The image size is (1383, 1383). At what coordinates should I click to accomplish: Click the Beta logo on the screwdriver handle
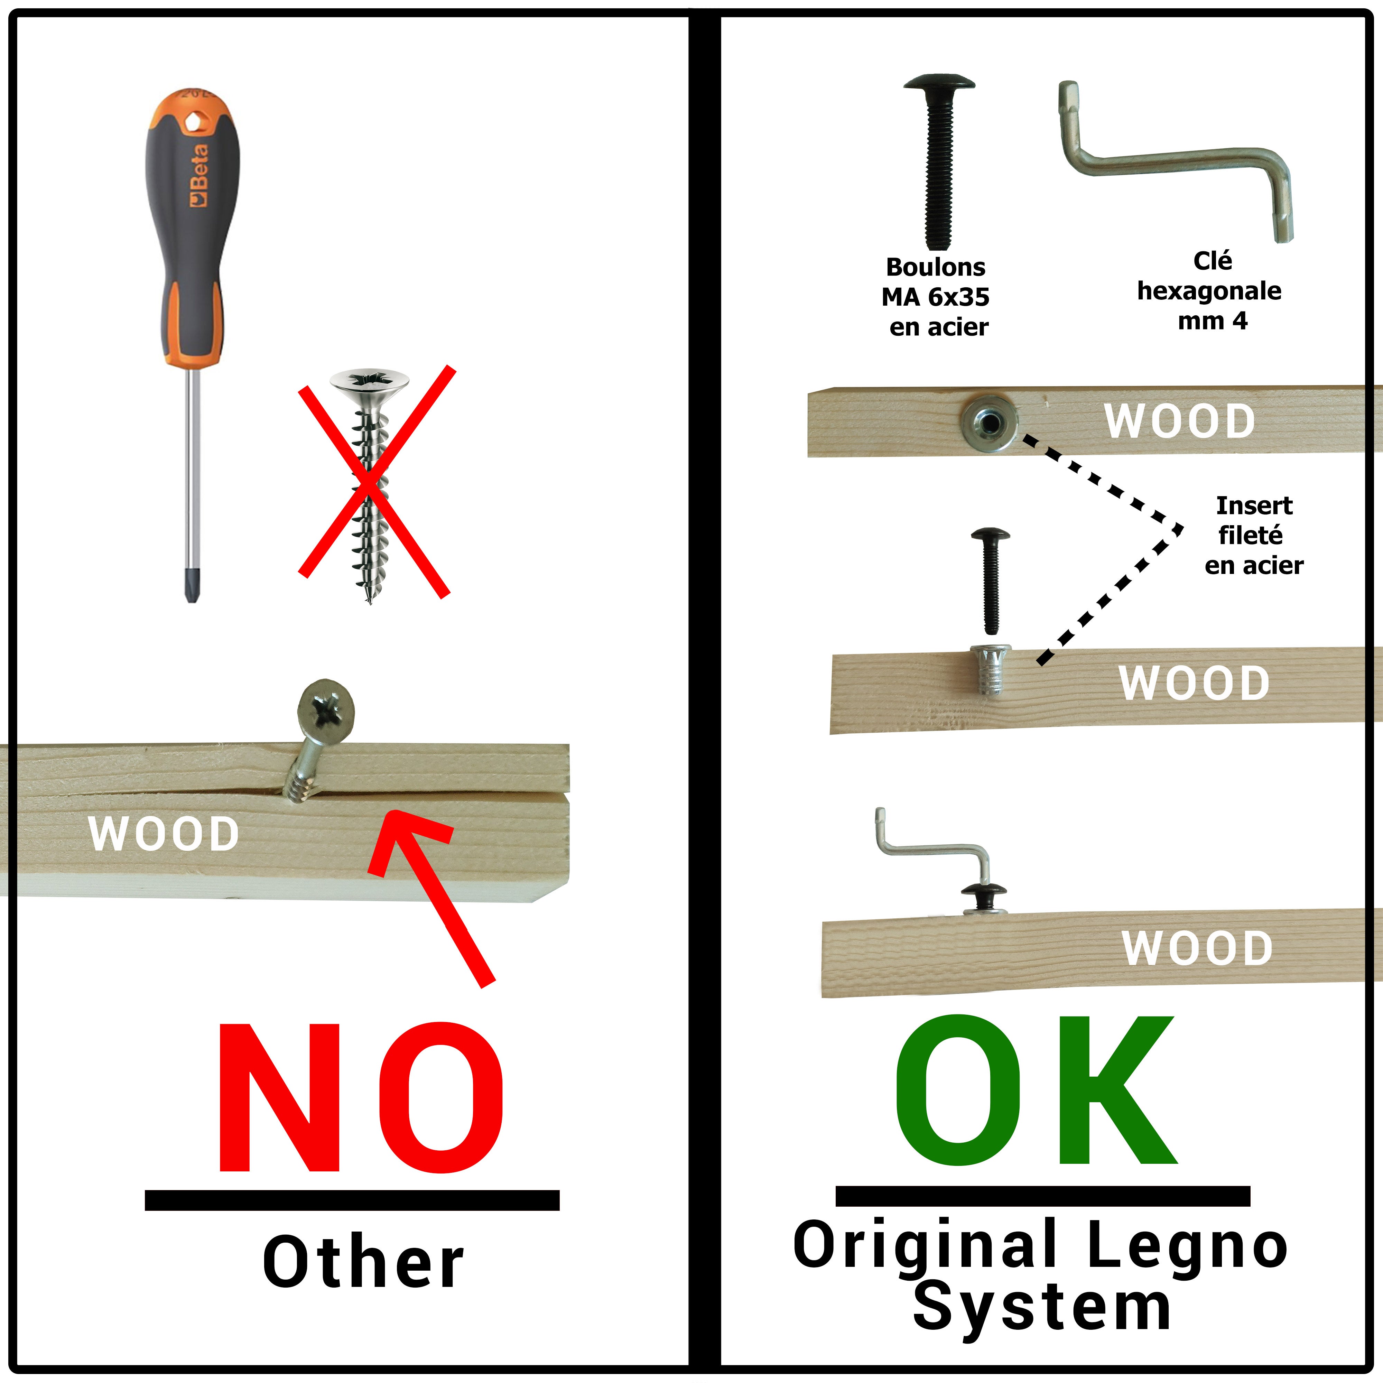[x=198, y=175]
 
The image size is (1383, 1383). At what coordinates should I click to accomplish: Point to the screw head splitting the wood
[x=326, y=709]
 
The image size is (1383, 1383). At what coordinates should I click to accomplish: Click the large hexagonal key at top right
[x=1174, y=161]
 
